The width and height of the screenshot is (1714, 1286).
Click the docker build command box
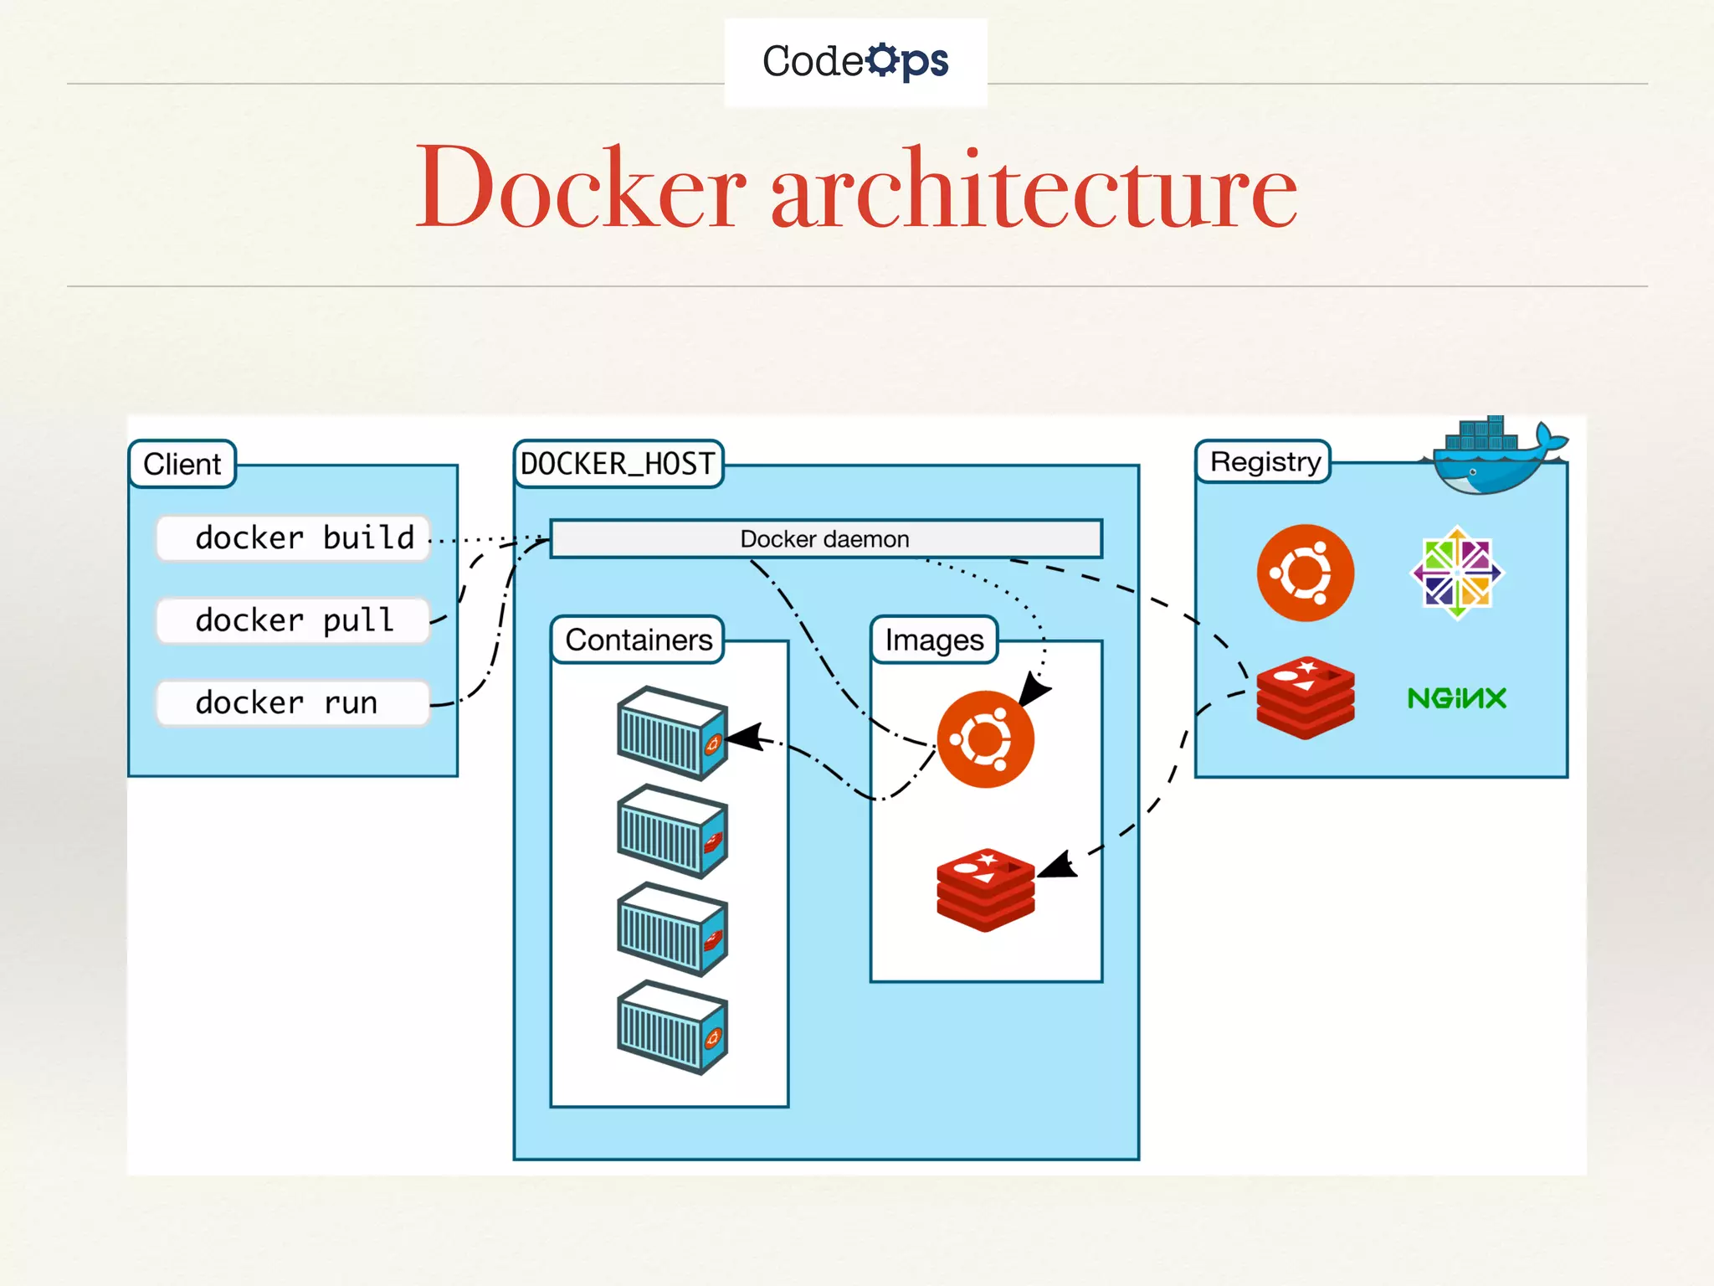(x=293, y=538)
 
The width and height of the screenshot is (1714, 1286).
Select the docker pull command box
(x=293, y=620)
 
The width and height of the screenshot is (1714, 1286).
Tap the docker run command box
(x=293, y=702)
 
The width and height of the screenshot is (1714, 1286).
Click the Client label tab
(x=182, y=464)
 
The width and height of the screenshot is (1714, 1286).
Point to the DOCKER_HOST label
(x=618, y=464)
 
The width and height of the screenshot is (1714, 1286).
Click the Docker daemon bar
(x=825, y=539)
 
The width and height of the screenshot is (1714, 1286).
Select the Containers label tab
(x=639, y=640)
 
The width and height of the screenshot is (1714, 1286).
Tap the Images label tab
(x=934, y=640)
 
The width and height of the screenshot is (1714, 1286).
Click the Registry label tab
(x=1264, y=462)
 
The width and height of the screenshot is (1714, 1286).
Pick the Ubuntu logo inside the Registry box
(x=1305, y=573)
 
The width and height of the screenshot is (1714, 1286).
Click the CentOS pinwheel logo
(x=1457, y=573)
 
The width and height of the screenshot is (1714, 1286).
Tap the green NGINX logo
(x=1456, y=698)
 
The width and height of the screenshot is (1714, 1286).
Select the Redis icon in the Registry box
(x=1305, y=697)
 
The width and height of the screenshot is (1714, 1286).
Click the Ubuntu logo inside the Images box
(x=985, y=739)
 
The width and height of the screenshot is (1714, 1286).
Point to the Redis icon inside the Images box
(x=985, y=889)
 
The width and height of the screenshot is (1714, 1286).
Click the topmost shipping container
(x=672, y=733)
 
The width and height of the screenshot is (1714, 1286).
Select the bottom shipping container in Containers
(x=672, y=1027)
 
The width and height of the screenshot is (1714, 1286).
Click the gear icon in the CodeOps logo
(x=882, y=60)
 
